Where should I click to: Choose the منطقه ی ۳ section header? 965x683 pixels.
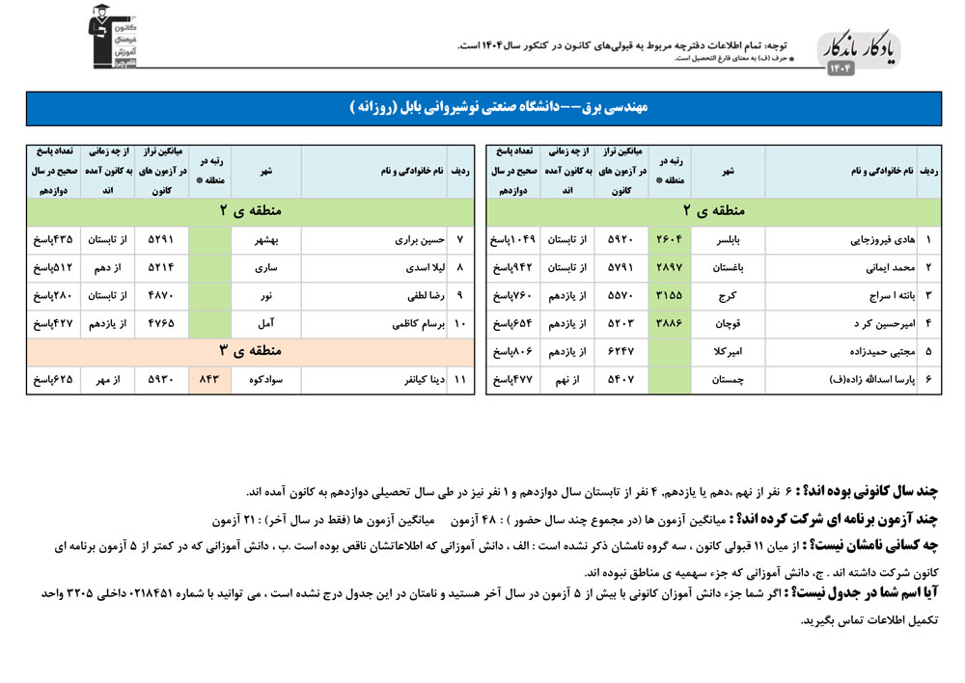coord(250,352)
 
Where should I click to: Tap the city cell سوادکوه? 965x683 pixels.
coord(266,380)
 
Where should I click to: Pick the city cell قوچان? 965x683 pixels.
coord(729,324)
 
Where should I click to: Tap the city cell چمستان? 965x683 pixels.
coord(729,380)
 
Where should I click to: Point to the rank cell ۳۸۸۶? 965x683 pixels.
coord(670,324)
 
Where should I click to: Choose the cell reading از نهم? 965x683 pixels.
coord(568,380)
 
